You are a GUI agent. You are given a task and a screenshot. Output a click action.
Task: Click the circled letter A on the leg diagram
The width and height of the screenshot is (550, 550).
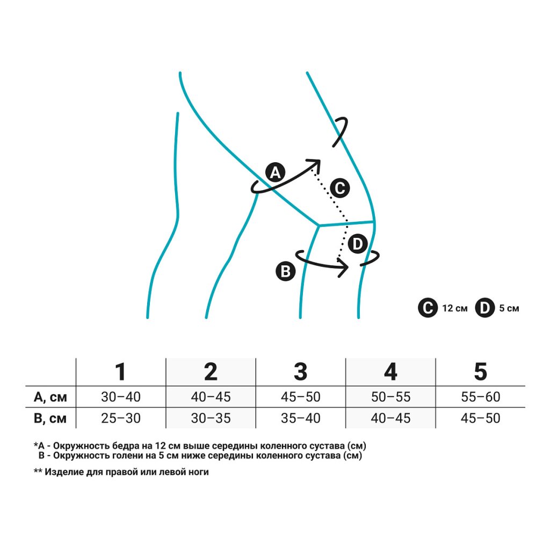tap(275, 173)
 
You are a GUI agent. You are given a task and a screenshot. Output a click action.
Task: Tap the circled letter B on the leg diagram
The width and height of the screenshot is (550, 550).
tap(285, 271)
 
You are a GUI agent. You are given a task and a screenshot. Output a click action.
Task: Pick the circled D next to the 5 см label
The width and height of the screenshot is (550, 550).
tap(484, 308)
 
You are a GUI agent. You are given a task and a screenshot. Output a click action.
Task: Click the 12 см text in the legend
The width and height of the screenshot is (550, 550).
tap(455, 309)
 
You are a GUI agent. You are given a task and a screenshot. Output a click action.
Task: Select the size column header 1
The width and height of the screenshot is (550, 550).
tap(120, 372)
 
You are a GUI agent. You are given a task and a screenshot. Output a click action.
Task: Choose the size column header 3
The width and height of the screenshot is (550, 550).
tap(300, 372)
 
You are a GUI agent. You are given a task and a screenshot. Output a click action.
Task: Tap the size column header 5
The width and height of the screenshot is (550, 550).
tap(480, 372)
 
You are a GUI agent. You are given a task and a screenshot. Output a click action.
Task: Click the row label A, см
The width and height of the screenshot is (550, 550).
tap(50, 397)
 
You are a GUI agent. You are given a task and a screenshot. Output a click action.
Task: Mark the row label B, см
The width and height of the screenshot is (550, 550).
tap(50, 418)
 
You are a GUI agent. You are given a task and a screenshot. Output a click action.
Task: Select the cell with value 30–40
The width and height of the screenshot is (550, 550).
tap(120, 397)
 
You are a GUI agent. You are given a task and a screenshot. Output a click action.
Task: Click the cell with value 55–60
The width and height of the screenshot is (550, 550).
tap(480, 397)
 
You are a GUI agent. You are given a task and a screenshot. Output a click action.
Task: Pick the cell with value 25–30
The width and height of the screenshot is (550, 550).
tap(120, 418)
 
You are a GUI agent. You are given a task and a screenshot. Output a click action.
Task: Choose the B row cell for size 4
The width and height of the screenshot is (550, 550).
tap(390, 418)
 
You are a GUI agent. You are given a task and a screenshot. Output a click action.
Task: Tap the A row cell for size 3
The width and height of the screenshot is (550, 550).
tap(300, 397)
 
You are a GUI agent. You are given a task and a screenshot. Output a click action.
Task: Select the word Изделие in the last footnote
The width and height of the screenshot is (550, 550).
tap(64, 472)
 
